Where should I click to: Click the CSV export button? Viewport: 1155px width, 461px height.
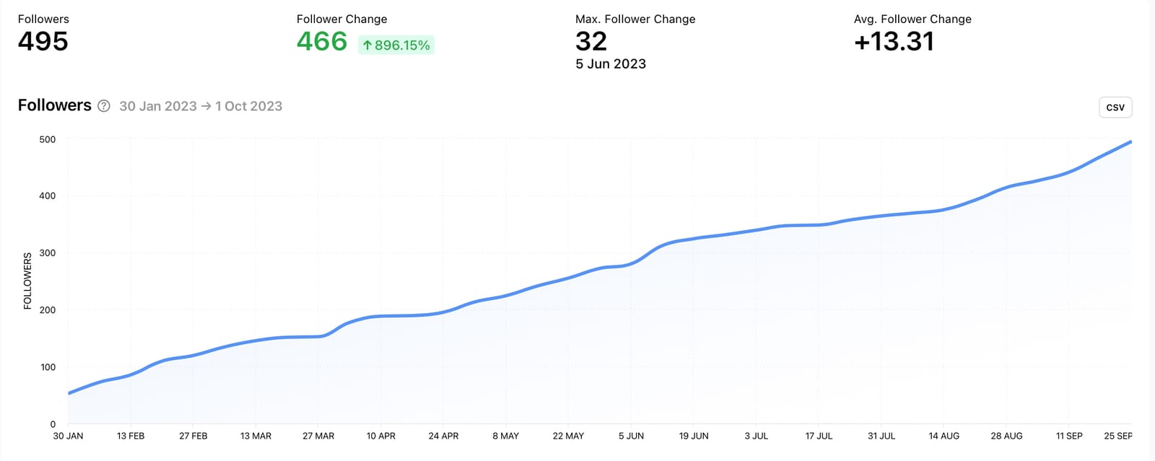tap(1115, 107)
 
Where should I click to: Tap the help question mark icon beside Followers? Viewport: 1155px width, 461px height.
tap(104, 106)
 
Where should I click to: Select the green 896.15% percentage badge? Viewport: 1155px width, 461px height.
tap(396, 45)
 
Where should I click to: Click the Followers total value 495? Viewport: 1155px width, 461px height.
tap(43, 42)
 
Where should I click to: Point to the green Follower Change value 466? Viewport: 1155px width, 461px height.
tap(322, 42)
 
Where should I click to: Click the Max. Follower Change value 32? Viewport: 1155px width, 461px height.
tap(591, 42)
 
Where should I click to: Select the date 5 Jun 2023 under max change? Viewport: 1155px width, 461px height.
tap(611, 64)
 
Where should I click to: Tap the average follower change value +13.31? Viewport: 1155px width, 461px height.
tap(894, 42)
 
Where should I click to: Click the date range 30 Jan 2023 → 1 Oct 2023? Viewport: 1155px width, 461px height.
tap(201, 106)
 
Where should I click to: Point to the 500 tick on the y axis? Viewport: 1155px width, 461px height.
tap(48, 139)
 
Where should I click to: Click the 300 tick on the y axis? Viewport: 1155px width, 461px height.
tap(48, 253)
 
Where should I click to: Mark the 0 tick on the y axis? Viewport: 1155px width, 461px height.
tap(53, 424)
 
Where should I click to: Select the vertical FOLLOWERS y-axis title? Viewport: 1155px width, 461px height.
tap(27, 281)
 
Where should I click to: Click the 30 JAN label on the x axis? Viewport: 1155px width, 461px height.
tap(68, 436)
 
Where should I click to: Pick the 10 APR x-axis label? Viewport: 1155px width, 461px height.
tap(381, 436)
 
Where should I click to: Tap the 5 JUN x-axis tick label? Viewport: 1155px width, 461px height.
tap(631, 436)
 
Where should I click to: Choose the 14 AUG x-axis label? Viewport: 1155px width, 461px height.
tap(944, 436)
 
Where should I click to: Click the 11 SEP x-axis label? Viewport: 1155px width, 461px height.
tap(1069, 436)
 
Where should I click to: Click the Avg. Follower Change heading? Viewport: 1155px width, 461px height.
tap(912, 19)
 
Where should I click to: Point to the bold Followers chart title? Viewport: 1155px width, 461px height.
tap(55, 105)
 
